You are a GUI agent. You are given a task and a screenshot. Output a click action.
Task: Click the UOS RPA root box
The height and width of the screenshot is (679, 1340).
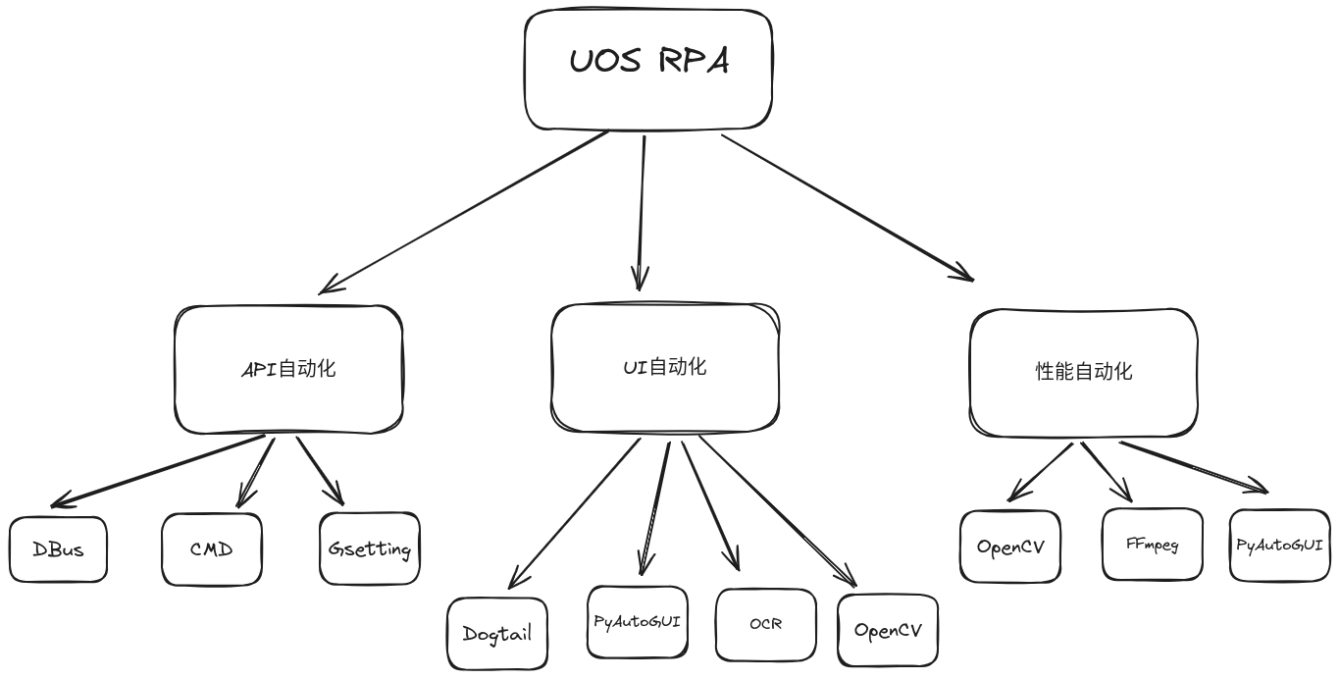click(648, 69)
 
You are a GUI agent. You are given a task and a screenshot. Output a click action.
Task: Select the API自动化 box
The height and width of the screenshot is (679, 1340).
click(288, 369)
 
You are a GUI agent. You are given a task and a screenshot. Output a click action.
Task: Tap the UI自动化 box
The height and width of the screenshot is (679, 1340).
click(665, 368)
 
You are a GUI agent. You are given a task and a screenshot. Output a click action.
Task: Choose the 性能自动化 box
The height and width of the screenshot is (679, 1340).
click(1083, 373)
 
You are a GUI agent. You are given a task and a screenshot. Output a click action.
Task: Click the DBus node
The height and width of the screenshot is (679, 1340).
click(58, 549)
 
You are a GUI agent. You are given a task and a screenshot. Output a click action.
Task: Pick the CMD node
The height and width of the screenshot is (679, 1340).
click(212, 549)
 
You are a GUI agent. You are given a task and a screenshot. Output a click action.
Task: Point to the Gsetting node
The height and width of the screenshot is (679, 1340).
click(370, 548)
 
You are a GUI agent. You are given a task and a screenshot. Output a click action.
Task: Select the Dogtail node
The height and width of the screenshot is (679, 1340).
click(497, 634)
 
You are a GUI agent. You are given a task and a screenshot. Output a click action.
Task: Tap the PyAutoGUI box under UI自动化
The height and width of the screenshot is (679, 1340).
click(637, 622)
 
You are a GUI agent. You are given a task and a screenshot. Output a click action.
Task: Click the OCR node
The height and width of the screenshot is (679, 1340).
click(766, 624)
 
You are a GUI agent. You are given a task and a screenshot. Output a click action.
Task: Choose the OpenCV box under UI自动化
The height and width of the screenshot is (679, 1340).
click(888, 630)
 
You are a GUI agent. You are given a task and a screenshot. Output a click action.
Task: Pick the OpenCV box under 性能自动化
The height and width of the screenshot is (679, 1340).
click(1010, 547)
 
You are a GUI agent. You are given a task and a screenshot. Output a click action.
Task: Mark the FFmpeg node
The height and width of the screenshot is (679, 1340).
click(1153, 545)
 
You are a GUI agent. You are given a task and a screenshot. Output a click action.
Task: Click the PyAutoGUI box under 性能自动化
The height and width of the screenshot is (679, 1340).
click(1280, 545)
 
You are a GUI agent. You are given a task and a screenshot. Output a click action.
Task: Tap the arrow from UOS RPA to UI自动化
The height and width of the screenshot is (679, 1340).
click(643, 211)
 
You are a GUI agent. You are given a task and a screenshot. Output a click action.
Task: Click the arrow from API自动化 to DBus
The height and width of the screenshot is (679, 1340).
click(157, 472)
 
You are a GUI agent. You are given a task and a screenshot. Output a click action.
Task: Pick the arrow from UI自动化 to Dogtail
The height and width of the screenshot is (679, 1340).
click(574, 513)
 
